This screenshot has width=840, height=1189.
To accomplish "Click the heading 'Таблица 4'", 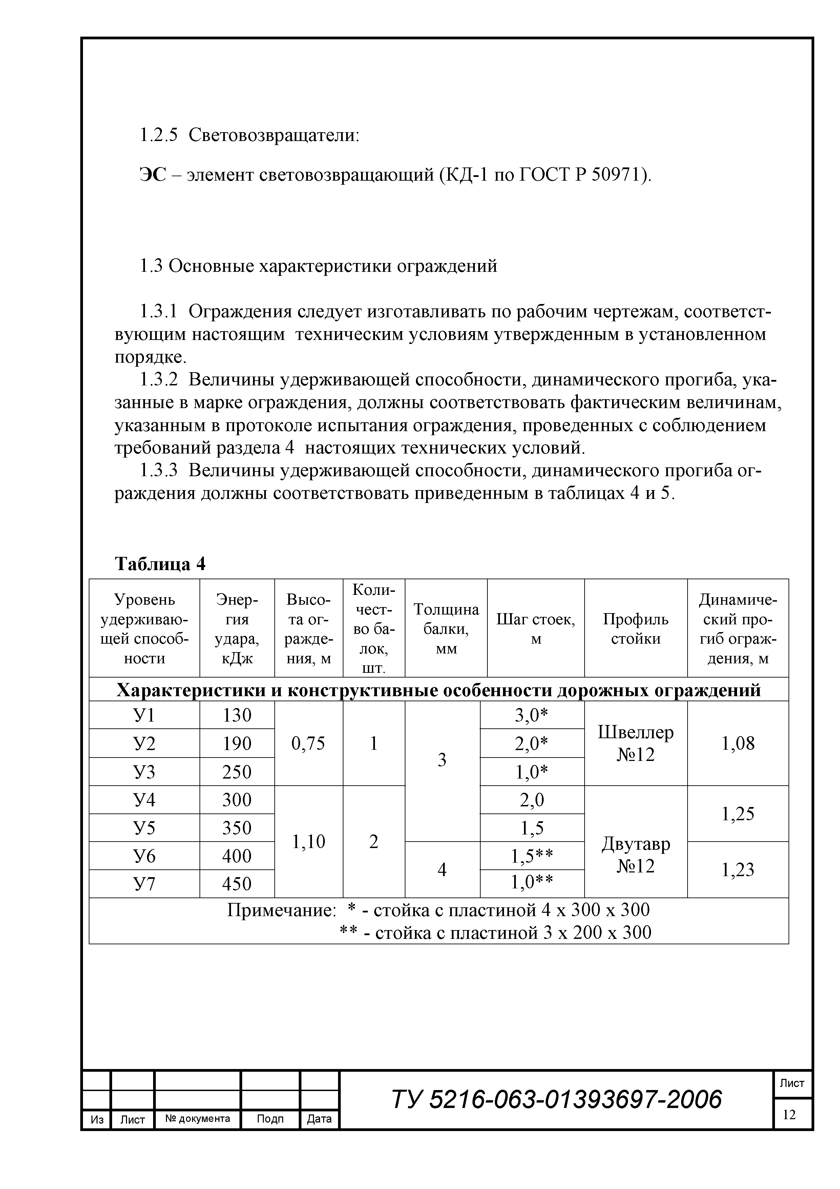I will [160, 563].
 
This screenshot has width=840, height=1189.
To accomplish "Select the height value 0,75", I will [309, 744].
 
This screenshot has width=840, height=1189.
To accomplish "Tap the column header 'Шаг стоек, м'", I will [536, 629].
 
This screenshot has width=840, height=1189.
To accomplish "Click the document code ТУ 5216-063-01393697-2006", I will [556, 1100].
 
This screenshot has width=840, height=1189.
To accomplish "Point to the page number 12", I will [789, 1114].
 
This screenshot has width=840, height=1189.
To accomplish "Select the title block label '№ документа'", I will [198, 1118].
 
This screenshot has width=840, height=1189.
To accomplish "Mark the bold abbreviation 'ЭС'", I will [153, 176].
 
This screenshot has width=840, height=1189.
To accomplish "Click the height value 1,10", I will [309, 842].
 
